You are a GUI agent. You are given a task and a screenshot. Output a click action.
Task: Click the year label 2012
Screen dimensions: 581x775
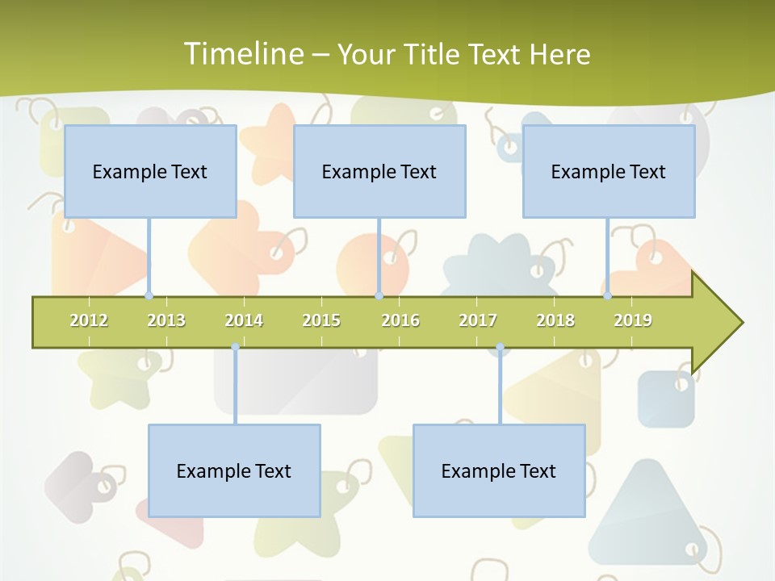89,320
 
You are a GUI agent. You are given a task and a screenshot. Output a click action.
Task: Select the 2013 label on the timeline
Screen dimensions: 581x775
166,320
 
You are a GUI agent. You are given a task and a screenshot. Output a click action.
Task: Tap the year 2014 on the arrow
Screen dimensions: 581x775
244,320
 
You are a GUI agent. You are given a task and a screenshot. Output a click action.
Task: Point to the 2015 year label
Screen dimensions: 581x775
321,320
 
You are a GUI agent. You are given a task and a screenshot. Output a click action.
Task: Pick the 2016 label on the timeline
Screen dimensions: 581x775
400,320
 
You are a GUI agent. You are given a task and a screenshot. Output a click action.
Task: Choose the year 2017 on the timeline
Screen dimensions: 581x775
478,320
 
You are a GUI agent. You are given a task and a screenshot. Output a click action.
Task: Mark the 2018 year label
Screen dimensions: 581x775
555,320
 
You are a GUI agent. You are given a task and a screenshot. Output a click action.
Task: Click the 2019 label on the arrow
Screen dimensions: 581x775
633,320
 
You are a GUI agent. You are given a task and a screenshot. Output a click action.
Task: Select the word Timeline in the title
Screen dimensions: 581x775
242,54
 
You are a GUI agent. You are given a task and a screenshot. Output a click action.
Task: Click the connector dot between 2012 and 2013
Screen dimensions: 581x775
149,296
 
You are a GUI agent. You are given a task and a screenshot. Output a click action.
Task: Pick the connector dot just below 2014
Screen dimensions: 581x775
235,347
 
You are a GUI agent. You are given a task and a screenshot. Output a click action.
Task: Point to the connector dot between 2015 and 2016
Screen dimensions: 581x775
379,296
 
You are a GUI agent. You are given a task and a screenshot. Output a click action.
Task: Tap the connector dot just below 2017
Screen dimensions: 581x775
500,347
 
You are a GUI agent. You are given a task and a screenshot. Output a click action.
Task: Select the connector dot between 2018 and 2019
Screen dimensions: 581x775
608,296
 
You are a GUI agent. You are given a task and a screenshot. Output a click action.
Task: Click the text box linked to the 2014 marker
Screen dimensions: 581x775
234,470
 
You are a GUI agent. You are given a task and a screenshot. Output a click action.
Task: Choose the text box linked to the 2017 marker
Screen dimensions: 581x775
499,470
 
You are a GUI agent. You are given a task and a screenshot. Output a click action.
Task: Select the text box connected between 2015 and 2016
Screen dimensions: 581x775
379,171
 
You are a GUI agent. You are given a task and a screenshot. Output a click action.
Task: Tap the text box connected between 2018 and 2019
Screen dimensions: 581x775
609,171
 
